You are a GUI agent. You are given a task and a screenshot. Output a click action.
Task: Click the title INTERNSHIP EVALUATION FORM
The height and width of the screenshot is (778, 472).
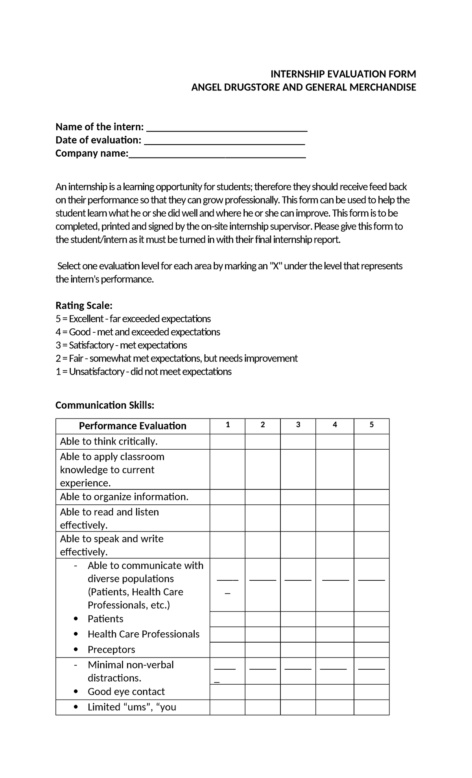point(343,74)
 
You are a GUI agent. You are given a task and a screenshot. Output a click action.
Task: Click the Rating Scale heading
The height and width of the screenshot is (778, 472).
point(84,306)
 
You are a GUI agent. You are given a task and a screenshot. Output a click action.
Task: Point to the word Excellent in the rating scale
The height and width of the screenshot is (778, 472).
point(86,319)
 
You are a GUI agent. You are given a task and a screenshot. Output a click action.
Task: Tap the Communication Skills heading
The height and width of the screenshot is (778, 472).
point(105,405)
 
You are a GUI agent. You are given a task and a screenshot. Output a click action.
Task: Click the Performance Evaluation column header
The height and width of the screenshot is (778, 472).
point(133,426)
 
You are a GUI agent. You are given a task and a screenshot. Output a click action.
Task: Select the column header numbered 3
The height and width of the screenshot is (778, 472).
point(298,425)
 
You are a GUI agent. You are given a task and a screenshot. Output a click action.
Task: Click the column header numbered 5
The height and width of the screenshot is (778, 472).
point(371,425)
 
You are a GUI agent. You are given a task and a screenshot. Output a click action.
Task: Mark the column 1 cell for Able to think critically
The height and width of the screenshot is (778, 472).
point(227,441)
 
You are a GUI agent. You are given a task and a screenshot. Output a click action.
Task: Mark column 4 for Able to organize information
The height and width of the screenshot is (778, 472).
point(334,497)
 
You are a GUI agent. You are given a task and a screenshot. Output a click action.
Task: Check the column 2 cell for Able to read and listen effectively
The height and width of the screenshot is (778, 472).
point(262,518)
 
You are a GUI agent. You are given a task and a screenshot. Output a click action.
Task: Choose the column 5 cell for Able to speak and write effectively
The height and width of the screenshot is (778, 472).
point(371,545)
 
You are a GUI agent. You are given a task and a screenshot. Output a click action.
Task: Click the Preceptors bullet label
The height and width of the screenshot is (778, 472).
point(111,650)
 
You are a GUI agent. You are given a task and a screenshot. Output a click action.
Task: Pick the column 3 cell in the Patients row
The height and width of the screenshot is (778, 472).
point(298,619)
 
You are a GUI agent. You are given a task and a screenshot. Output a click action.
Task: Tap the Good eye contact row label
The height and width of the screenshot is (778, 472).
point(126,692)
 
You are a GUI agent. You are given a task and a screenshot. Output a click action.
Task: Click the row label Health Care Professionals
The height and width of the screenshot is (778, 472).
point(143,634)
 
